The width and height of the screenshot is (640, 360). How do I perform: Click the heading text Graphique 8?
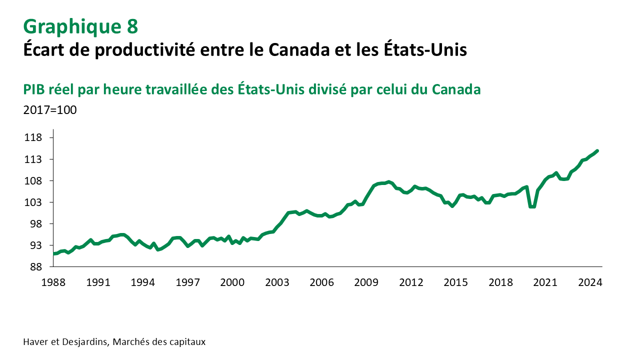click(x=80, y=26)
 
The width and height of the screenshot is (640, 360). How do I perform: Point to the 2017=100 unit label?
click(x=50, y=110)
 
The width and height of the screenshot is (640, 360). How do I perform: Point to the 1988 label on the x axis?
click(x=54, y=282)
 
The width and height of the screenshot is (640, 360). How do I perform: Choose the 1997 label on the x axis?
click(x=188, y=282)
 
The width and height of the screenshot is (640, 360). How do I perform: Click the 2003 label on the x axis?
click(x=277, y=282)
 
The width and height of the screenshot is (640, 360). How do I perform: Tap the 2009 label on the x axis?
click(x=366, y=282)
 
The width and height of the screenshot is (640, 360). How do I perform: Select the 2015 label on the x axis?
click(x=456, y=282)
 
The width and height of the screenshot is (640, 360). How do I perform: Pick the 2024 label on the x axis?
click(x=590, y=282)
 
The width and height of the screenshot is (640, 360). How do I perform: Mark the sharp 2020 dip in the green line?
click(x=533, y=206)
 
